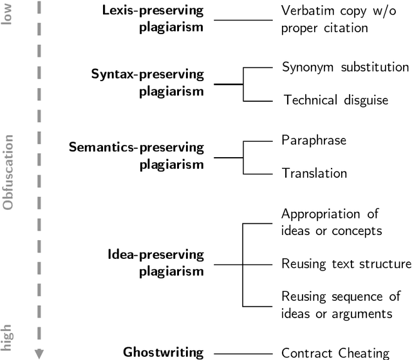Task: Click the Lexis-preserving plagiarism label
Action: [153, 19]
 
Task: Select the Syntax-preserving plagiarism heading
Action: [147, 83]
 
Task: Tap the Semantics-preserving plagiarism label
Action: [136, 156]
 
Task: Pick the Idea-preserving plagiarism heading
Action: [156, 263]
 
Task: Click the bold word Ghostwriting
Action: [164, 352]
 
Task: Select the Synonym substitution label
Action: [345, 67]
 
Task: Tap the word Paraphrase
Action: [314, 140]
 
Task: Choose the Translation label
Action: [315, 173]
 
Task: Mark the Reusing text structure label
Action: [346, 263]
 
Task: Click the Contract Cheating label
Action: [335, 352]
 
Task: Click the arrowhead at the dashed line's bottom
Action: [39, 353]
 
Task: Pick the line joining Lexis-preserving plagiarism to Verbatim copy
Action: [243, 20]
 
